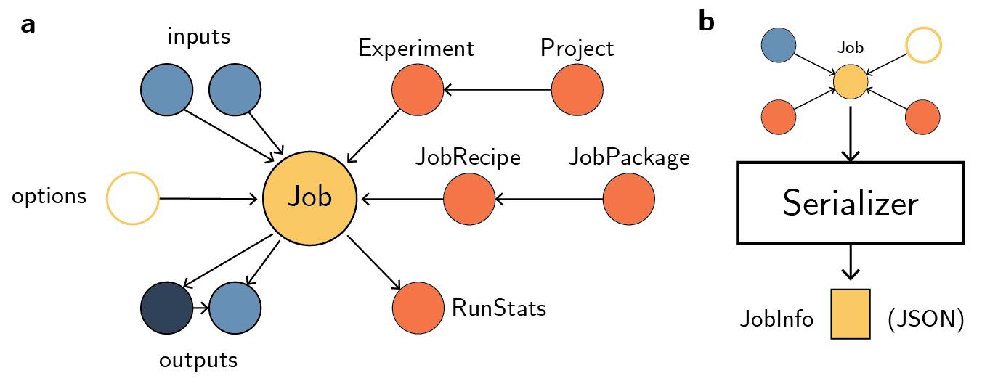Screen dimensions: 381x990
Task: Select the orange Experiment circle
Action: pos(418,91)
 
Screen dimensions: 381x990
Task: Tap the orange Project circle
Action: pos(577,91)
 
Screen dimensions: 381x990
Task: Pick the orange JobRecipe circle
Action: pos(469,198)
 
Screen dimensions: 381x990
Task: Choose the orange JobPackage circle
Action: pos(628,198)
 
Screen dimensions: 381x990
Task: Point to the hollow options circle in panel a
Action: pos(132,198)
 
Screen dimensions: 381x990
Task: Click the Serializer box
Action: pos(851,202)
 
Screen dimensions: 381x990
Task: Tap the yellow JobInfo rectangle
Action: pos(851,314)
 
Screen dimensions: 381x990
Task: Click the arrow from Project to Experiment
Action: pos(498,91)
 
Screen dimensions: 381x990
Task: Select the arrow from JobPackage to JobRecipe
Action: pos(549,198)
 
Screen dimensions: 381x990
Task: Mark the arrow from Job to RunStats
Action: pos(374,263)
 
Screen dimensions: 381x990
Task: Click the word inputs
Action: pos(198,36)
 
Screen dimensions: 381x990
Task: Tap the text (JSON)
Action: pos(925,319)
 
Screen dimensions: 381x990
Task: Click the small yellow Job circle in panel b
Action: pos(851,81)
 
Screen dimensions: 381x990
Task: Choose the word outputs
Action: pos(198,360)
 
